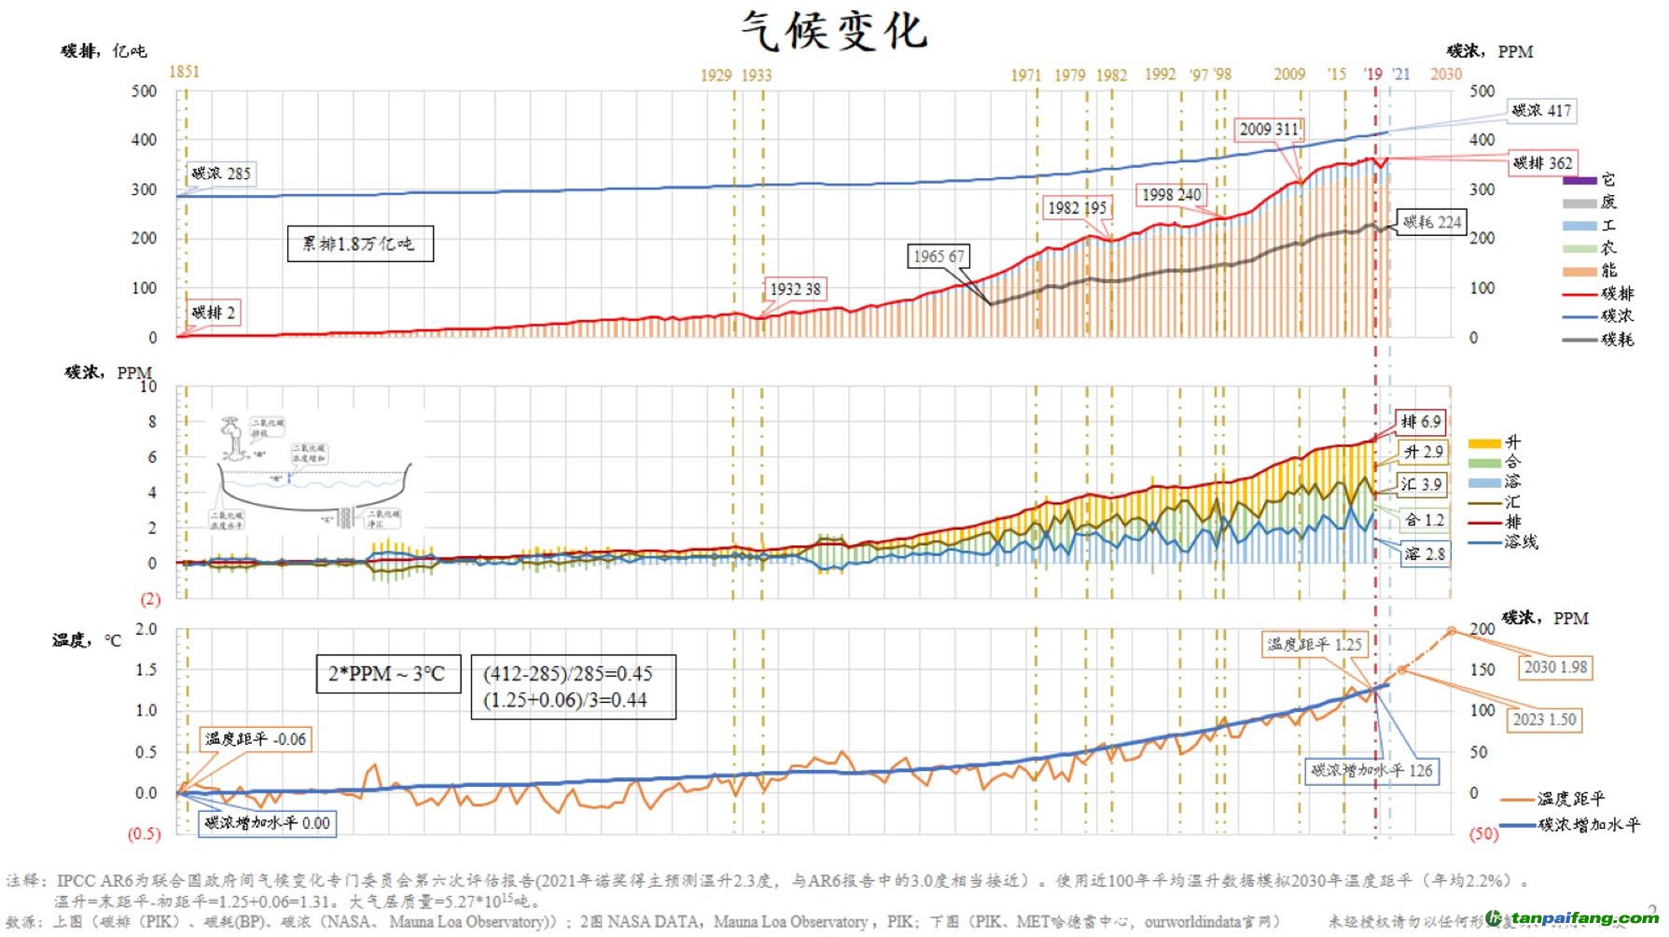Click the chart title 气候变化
coord(834,31)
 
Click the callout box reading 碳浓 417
coord(1541,110)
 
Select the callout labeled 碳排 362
coord(1542,162)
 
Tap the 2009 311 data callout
coord(1269,129)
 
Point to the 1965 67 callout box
coord(939,256)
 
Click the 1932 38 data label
coord(795,288)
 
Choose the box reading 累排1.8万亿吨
coord(359,244)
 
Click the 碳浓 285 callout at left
coord(221,173)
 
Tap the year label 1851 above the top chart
coord(184,72)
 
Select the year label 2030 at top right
coord(1445,74)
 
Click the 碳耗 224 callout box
coord(1432,221)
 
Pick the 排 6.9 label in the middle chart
coord(1421,422)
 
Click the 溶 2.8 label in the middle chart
coord(1424,553)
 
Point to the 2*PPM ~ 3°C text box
coord(387,673)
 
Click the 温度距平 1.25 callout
coord(1314,644)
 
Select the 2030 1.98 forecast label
coord(1554,666)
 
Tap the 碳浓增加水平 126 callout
coord(1371,770)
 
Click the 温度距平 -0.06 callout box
coord(255,739)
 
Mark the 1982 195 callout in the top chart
coord(1077,207)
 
